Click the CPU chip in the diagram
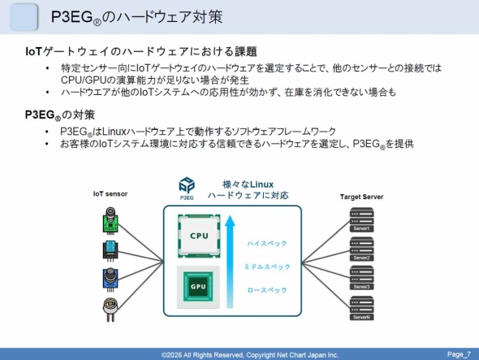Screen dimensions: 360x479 pyautogui.click(x=199, y=236)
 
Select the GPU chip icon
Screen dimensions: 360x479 pyautogui.click(x=199, y=286)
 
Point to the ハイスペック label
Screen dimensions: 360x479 pyautogui.click(x=266, y=243)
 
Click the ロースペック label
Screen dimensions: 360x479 pyautogui.click(x=266, y=290)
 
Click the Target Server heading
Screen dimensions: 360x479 pyautogui.click(x=361, y=197)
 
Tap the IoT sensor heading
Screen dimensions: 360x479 pyautogui.click(x=111, y=194)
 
